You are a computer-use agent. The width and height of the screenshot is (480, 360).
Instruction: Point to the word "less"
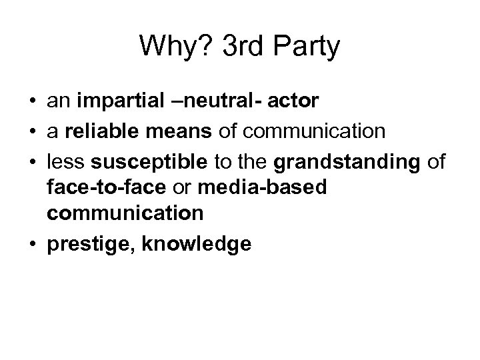(x=64, y=161)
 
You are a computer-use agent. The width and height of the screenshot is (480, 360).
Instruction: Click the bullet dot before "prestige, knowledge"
(x=32, y=244)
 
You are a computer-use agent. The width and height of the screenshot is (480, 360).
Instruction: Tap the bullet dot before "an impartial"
(x=32, y=103)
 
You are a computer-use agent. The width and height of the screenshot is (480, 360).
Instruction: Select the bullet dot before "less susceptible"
(x=32, y=160)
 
